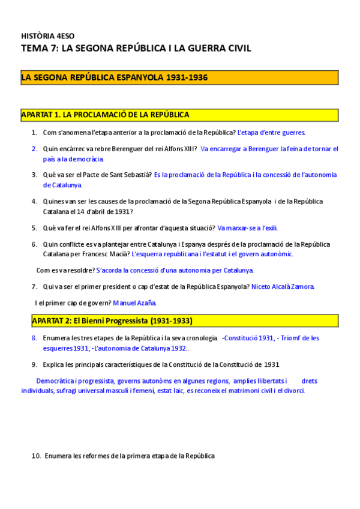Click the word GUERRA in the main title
203,48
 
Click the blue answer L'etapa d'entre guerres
272,132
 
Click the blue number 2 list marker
34,149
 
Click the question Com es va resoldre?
65,270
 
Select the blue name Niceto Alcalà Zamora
283,287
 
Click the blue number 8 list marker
34,338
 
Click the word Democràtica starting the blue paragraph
58,381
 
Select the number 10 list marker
35,456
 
